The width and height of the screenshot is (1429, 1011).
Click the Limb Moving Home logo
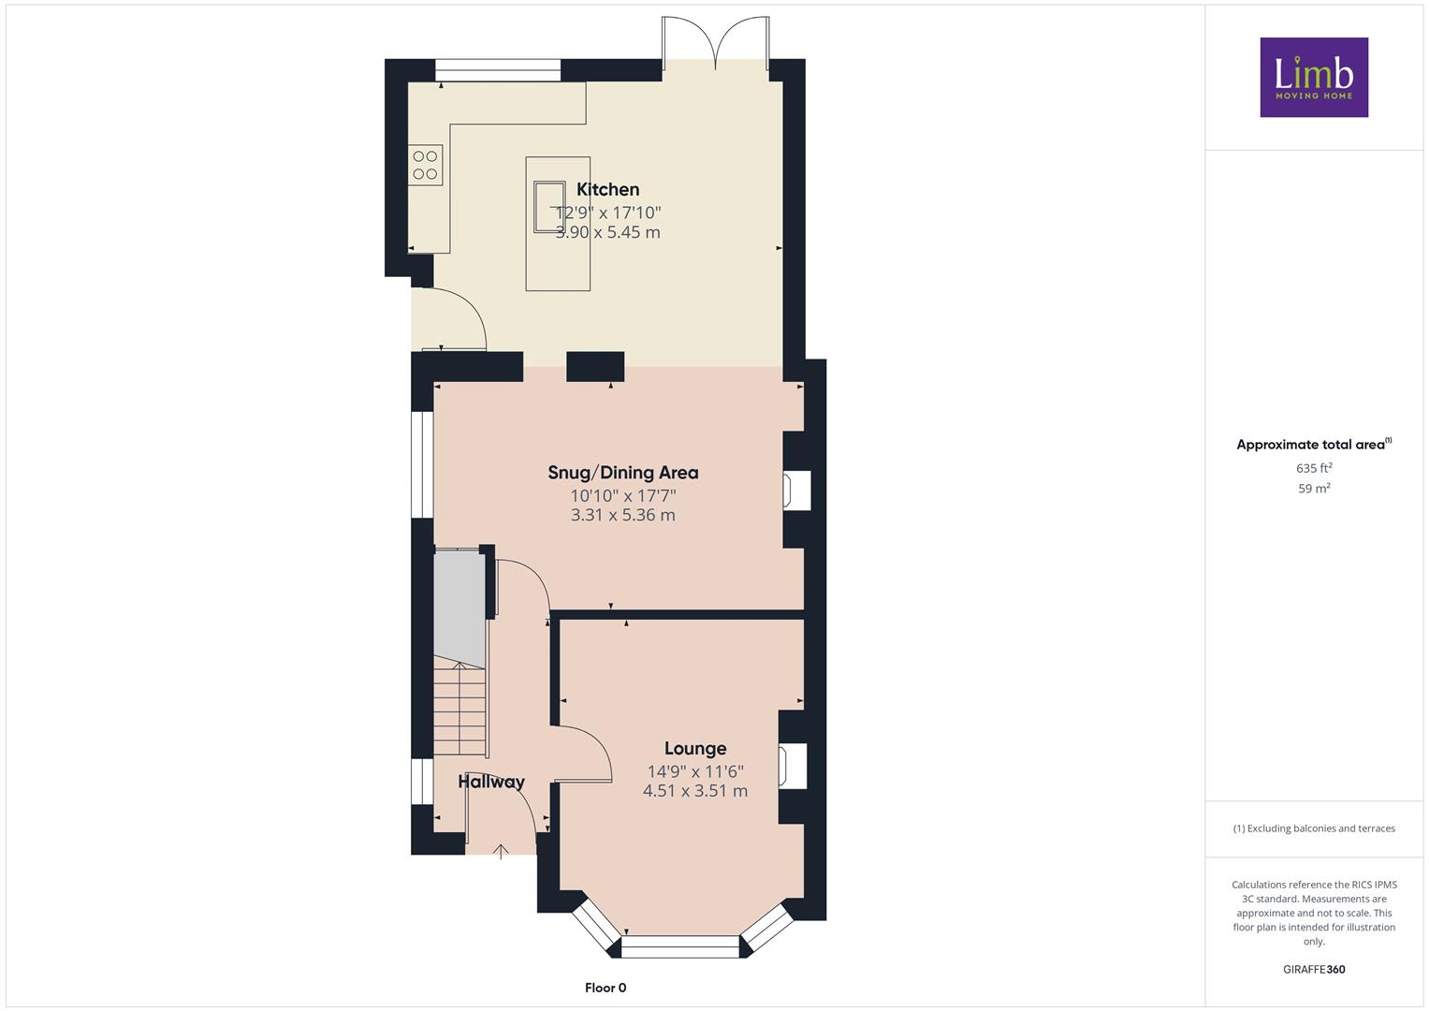(1314, 77)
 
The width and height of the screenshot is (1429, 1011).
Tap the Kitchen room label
(608, 189)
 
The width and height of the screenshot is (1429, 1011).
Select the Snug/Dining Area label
(623, 473)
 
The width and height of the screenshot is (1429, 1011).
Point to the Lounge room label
(695, 748)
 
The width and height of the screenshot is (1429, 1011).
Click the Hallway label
(491, 782)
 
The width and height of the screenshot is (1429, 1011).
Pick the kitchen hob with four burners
(426, 165)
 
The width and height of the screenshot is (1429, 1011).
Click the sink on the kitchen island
(549, 207)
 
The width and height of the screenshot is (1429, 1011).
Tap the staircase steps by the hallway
(460, 710)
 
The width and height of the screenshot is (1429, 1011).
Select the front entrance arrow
(501, 852)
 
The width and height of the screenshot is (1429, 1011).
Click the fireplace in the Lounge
(793, 766)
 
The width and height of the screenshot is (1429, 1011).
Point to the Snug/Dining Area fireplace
(796, 491)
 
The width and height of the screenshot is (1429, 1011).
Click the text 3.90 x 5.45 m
(608, 232)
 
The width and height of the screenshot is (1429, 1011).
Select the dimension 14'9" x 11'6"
(695, 771)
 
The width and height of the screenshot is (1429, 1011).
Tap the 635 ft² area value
(1314, 468)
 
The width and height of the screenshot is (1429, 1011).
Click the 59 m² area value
(1314, 489)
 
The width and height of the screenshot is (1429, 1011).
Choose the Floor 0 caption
(605, 988)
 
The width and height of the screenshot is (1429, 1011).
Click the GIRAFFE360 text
(1314, 970)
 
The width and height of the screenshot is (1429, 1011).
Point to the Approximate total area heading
(1314, 445)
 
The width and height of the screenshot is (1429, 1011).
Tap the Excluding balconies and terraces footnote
(1314, 828)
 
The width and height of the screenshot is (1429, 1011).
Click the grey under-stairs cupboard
(459, 608)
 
